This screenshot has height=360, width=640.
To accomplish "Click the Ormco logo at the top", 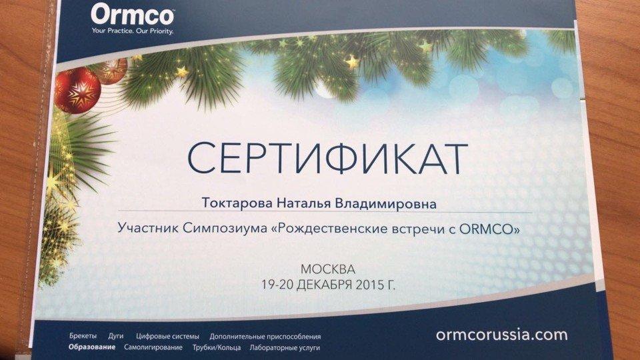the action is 133,15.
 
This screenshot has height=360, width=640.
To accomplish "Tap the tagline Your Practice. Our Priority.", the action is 133,31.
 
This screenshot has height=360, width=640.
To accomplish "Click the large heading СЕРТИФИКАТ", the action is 327,159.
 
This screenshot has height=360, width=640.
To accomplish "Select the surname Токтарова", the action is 237,203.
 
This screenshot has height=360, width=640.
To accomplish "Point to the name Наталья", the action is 304,203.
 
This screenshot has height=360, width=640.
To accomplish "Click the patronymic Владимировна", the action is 385,203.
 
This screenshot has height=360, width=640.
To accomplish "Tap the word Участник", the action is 148,227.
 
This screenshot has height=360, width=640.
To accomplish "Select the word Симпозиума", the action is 225,228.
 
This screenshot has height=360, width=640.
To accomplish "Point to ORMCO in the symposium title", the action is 486,229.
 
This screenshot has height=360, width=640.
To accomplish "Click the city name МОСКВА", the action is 328,269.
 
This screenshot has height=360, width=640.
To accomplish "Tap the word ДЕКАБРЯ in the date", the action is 324,284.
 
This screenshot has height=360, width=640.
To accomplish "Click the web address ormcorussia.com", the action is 501,335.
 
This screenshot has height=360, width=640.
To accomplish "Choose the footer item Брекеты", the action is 83,336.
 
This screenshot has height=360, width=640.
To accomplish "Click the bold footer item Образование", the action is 92,347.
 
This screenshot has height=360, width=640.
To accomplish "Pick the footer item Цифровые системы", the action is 167,337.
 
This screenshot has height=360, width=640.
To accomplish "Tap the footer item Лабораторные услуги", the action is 285,348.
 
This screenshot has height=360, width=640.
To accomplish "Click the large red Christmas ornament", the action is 77,90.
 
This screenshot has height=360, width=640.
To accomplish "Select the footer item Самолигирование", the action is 153,348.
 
